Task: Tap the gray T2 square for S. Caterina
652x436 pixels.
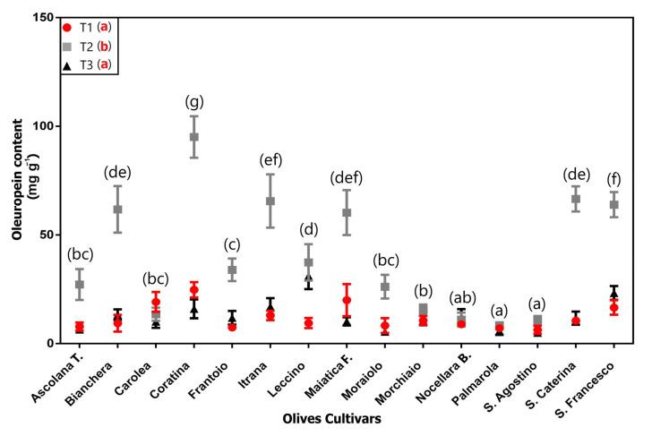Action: [x=576, y=199]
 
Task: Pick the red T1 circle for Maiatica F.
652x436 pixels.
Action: [x=347, y=300]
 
